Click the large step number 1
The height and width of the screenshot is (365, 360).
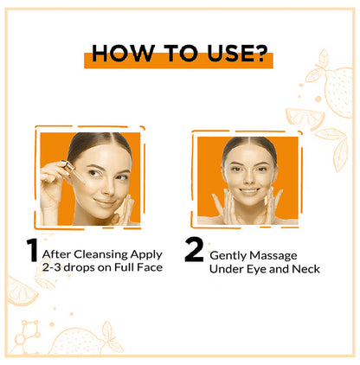[32, 251]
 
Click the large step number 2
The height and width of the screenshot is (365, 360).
[195, 251]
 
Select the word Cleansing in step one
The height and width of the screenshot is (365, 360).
[104, 254]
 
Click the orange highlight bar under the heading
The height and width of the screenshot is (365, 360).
[178, 63]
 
